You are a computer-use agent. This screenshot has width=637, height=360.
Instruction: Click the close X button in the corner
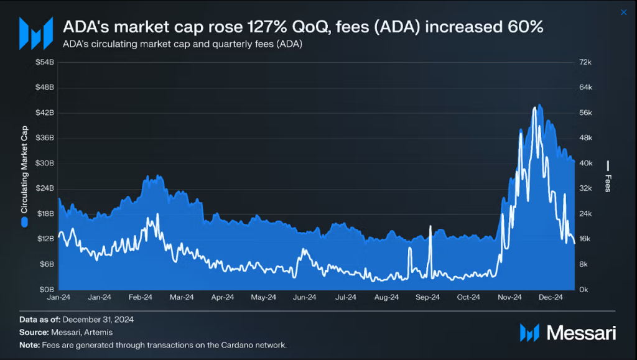[x=624, y=12]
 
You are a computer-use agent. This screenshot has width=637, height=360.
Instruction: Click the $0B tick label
[x=45, y=290]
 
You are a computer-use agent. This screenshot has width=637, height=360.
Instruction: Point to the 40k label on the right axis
[x=586, y=164]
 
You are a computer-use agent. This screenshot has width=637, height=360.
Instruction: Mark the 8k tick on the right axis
[x=584, y=264]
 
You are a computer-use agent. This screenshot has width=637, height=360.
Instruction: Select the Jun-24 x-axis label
[x=304, y=298]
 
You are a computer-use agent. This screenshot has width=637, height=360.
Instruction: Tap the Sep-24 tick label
[x=427, y=298]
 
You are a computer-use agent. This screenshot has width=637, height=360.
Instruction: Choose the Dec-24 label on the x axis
[x=551, y=298]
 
